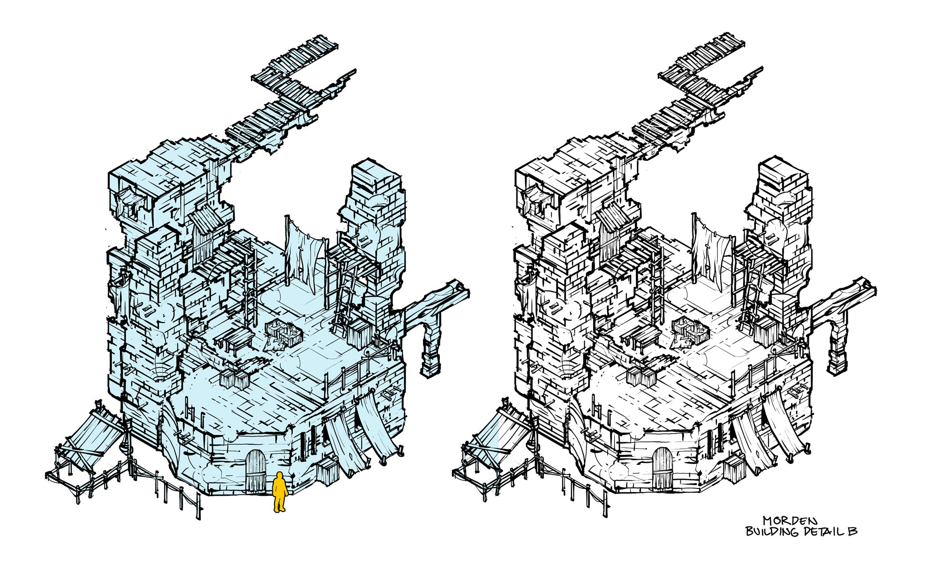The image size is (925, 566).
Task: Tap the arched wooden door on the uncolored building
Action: pyautogui.click(x=663, y=470)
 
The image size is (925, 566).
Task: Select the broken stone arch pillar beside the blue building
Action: pyautogui.click(x=430, y=347)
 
